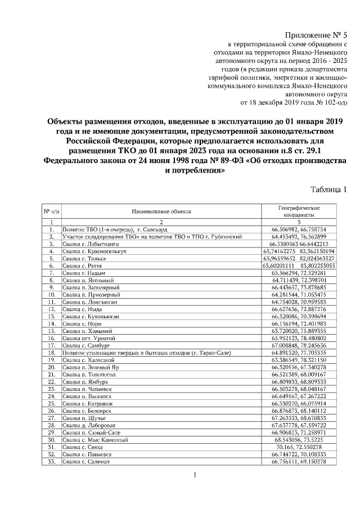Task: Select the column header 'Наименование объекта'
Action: coord(161,211)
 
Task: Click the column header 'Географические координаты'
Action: coord(298,211)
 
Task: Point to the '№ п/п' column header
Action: coord(51,211)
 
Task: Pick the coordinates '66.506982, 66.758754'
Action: coord(298,229)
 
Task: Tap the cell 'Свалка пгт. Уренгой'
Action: coord(88,339)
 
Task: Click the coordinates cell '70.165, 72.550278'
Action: coord(298,447)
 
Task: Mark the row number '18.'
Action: coord(51,353)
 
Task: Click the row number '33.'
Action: coord(51,462)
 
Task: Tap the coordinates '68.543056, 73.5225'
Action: coord(298,440)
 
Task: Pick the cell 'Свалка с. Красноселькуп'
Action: coord(94,251)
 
